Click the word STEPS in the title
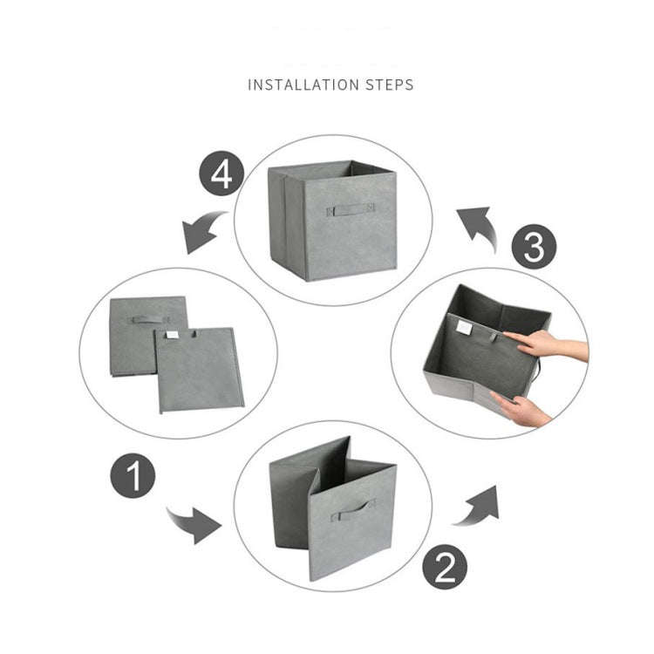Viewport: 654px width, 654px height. pyautogui.click(x=389, y=85)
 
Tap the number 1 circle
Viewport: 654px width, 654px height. pyautogui.click(x=133, y=477)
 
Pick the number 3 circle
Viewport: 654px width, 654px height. pyautogui.click(x=534, y=248)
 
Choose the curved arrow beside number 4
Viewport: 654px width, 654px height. pyautogui.click(x=205, y=232)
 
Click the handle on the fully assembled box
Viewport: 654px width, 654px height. pyautogui.click(x=351, y=209)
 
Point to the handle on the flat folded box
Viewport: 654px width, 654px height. pyautogui.click(x=148, y=319)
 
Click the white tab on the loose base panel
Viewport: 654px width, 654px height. pyautogui.click(x=174, y=335)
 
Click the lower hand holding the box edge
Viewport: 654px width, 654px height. pyautogui.click(x=524, y=410)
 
